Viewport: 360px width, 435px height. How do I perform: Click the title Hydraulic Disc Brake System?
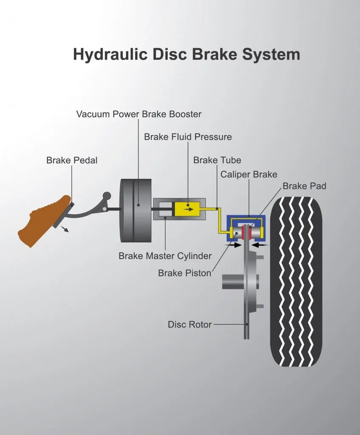tap(186, 55)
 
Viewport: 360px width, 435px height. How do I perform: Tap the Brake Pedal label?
tap(72, 161)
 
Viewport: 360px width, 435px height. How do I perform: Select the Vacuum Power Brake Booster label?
tap(139, 114)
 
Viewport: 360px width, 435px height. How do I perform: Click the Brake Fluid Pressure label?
tap(188, 137)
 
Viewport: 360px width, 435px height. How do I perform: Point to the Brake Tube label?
tap(217, 160)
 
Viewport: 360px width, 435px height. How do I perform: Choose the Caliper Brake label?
tap(249, 174)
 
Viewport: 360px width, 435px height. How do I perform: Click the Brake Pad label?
tap(304, 186)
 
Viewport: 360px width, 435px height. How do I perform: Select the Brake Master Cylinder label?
tap(165, 256)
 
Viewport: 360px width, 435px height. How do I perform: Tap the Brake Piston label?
tap(184, 273)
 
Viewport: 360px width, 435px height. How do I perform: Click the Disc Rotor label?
tap(190, 325)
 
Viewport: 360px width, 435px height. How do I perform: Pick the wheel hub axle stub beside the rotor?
tap(232, 281)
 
